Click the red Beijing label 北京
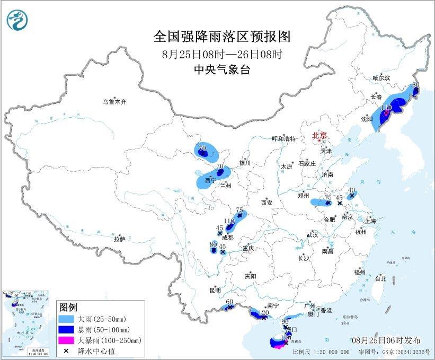pyautogui.click(x=320, y=135)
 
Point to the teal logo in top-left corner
pyautogui.click(x=17, y=20)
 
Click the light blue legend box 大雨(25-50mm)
pyautogui.click(x=67, y=318)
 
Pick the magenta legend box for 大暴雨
pyautogui.click(x=67, y=340)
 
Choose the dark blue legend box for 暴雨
pyautogui.click(x=67, y=329)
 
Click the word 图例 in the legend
pyautogui.click(x=68, y=307)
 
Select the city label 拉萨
pyautogui.click(x=119, y=239)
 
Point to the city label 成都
pyautogui.click(x=228, y=238)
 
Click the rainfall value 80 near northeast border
pyautogui.click(x=415, y=84)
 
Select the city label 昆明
pyautogui.click(x=215, y=290)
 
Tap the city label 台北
pyautogui.click(x=380, y=278)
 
